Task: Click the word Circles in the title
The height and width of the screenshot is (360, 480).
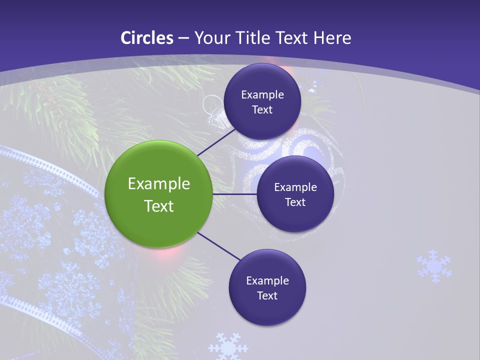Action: (x=147, y=38)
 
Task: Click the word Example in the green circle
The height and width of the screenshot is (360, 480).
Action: (x=159, y=183)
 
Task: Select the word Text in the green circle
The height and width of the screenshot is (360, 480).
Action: (x=159, y=206)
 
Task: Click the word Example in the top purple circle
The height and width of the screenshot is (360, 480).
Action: (x=262, y=94)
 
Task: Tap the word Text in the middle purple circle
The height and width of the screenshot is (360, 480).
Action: (x=295, y=202)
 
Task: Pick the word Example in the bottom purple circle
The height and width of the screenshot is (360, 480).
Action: (x=267, y=280)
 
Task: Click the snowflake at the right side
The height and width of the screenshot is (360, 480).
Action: (x=434, y=266)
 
